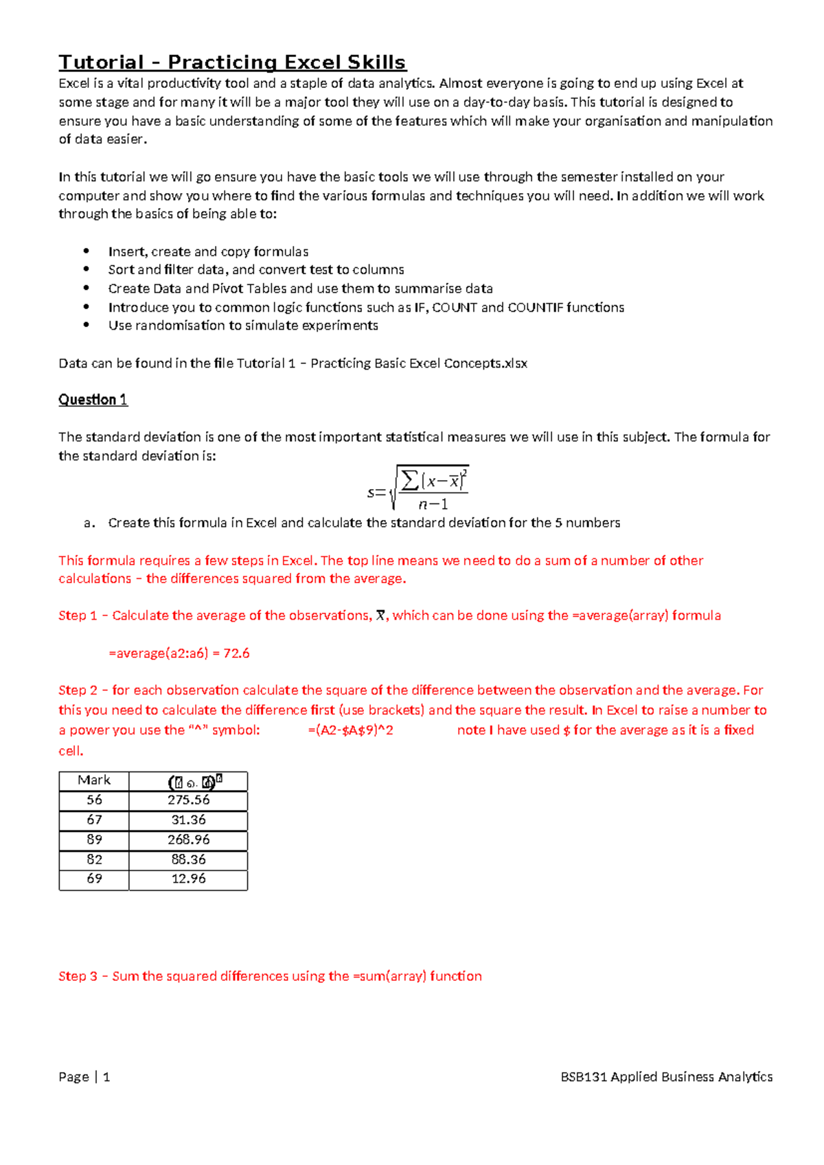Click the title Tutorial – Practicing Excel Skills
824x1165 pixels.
[232, 63]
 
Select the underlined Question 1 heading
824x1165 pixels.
[93, 400]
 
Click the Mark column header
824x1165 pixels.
[94, 780]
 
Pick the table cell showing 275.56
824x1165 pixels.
[188, 800]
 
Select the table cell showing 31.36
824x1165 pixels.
[188, 820]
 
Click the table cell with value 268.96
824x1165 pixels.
[188, 840]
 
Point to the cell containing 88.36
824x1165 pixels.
[188, 860]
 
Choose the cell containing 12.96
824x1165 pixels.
[188, 879]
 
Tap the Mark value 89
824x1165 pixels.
[94, 840]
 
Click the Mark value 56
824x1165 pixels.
[94, 800]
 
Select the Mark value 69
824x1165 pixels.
[94, 879]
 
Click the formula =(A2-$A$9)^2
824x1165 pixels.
[350, 730]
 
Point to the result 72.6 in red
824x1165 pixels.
[236, 653]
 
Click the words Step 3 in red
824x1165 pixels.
[78, 976]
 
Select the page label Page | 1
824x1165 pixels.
[84, 1077]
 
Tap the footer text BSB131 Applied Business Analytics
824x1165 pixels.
[666, 1077]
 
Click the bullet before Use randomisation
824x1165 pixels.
[87, 326]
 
